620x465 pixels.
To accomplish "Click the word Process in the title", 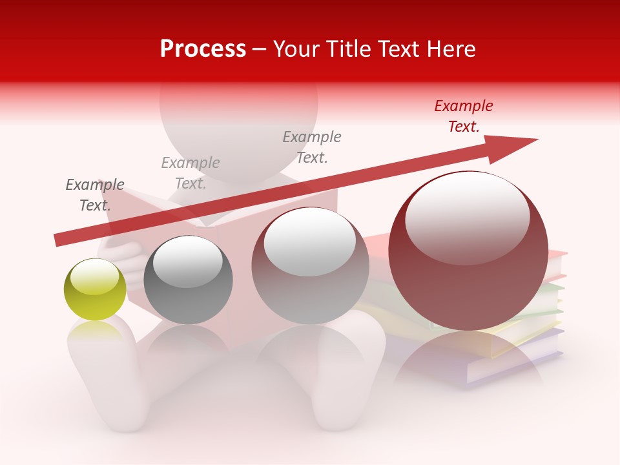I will click(203, 49).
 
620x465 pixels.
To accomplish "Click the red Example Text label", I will click(463, 116).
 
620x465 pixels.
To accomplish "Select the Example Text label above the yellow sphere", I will click(95, 195).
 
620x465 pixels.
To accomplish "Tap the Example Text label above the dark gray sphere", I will click(191, 173).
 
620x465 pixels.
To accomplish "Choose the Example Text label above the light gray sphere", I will click(312, 147).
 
